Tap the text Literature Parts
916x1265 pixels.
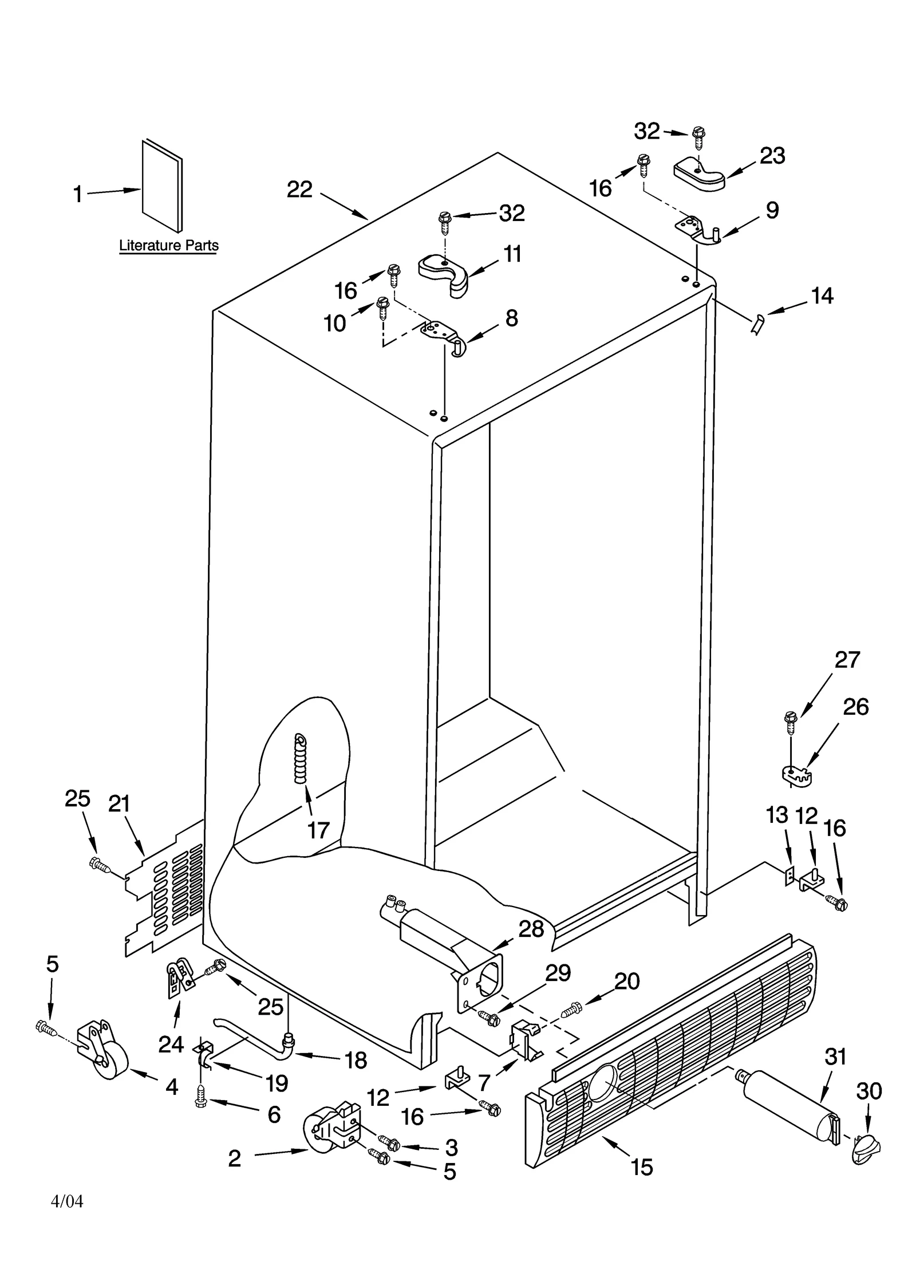pyautogui.click(x=168, y=246)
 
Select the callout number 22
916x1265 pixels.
pyautogui.click(x=299, y=190)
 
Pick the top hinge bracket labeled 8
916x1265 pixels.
pyautogui.click(x=445, y=337)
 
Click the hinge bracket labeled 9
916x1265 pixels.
pyautogui.click(x=698, y=229)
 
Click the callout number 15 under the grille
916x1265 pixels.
pyautogui.click(x=642, y=1166)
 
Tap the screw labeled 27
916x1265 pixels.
pyautogui.click(x=790, y=723)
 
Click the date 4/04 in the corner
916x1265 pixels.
pyautogui.click(x=67, y=1201)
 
